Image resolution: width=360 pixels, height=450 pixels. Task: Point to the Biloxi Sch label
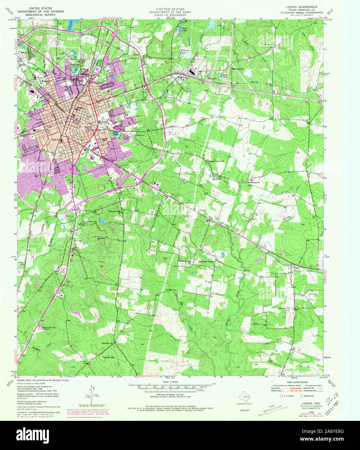pos(216,179)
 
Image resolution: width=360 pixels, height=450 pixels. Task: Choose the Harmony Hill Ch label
pos(114,212)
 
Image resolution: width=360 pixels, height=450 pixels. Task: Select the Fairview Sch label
pos(108,358)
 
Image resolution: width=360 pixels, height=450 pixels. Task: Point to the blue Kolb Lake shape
pos(222,75)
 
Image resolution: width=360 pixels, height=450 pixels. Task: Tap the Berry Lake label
pos(184,29)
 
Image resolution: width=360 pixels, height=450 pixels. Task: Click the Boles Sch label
pos(22,263)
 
